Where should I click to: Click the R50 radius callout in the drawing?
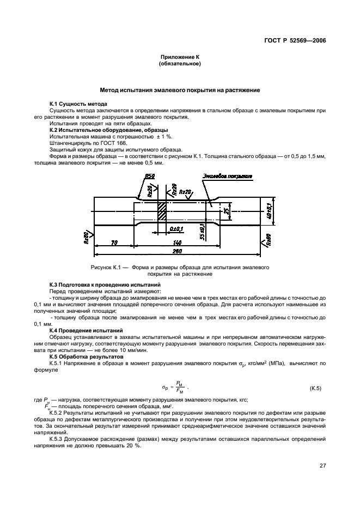coord(150,176)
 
